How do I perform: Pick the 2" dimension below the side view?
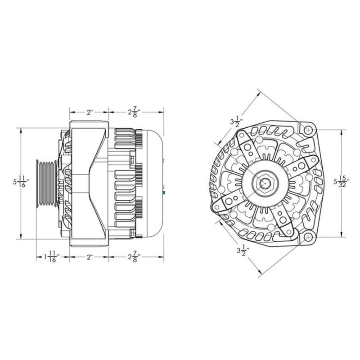tap(89, 257)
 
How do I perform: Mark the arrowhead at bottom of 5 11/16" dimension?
tap(21, 237)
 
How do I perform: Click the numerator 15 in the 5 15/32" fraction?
tap(342, 177)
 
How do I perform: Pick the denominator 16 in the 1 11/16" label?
tap(54, 261)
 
